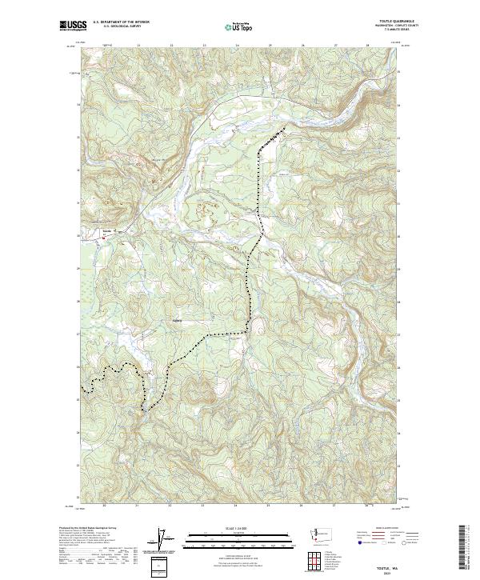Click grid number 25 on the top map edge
pyautogui.click(x=270, y=46)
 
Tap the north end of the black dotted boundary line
pyautogui.click(x=282, y=129)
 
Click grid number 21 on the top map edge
pyautogui.click(x=138, y=46)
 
